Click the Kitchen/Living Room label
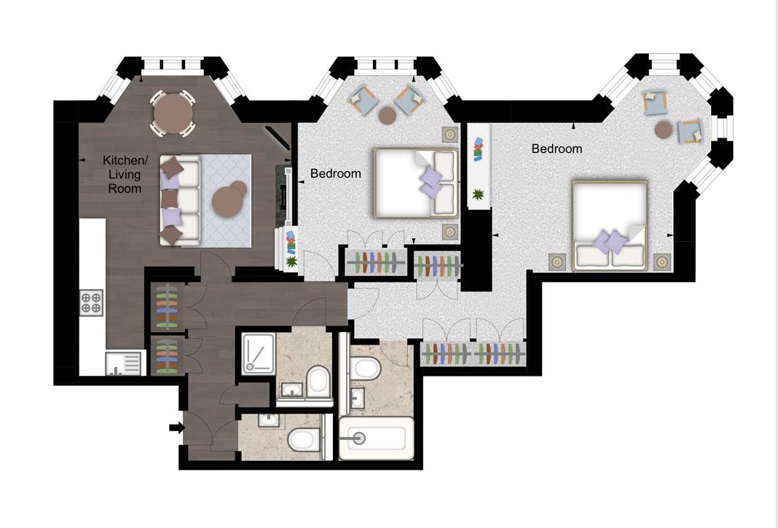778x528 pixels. click(x=125, y=174)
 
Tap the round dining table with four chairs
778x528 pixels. click(x=173, y=113)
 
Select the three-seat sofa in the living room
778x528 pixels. click(x=180, y=200)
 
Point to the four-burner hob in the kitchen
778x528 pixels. click(x=91, y=303)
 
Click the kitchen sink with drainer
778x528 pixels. click(x=125, y=363)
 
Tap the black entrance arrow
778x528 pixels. click(x=176, y=427)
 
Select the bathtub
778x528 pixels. click(x=376, y=438)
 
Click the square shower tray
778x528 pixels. click(x=258, y=353)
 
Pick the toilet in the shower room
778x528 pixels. click(x=318, y=382)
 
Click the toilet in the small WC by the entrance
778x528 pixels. click(x=303, y=439)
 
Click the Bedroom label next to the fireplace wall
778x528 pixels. click(x=335, y=173)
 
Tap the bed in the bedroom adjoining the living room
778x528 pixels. click(x=416, y=183)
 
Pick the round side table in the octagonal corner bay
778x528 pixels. click(x=664, y=130)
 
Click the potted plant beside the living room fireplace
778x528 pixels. click(x=291, y=261)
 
